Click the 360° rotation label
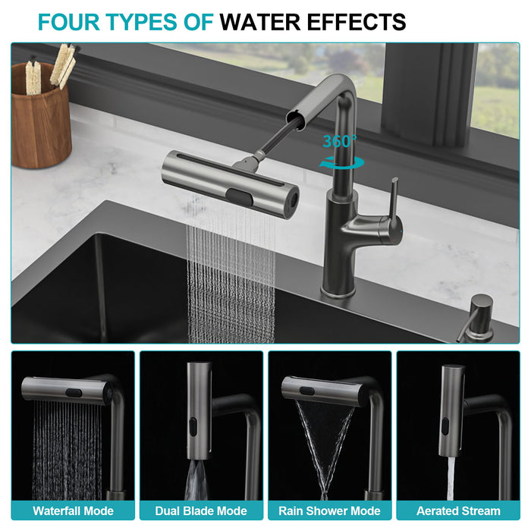339,142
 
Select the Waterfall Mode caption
73,511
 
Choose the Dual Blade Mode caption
200,511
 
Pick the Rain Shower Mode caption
329,511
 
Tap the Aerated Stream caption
458,511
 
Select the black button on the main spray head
244,196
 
